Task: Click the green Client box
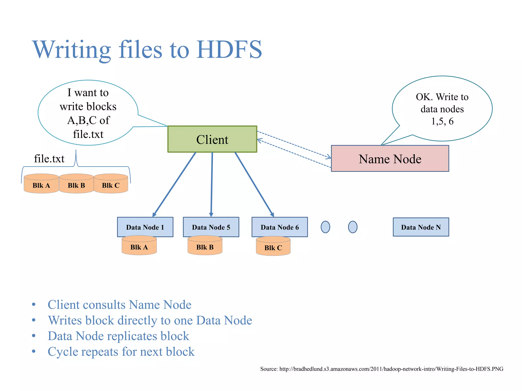pos(212,139)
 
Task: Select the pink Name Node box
pos(390,159)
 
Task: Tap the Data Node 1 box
pos(145,227)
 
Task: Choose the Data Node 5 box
pos(211,227)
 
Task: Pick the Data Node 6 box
pos(279,227)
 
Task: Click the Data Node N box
pos(421,227)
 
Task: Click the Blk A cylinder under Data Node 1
pos(139,246)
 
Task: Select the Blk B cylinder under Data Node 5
pos(205,246)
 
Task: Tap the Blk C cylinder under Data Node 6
pos(273,247)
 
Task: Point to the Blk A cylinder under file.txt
pos(41,185)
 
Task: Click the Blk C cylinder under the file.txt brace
pos(111,185)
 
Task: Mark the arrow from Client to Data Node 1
pos(175,184)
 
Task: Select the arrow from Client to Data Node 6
pos(254,184)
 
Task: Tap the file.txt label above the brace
pos(49,159)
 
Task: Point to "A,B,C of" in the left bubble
pos(88,120)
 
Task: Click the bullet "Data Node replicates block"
pos(118,336)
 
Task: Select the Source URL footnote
pos(382,369)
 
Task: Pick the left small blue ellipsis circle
pos(325,227)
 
